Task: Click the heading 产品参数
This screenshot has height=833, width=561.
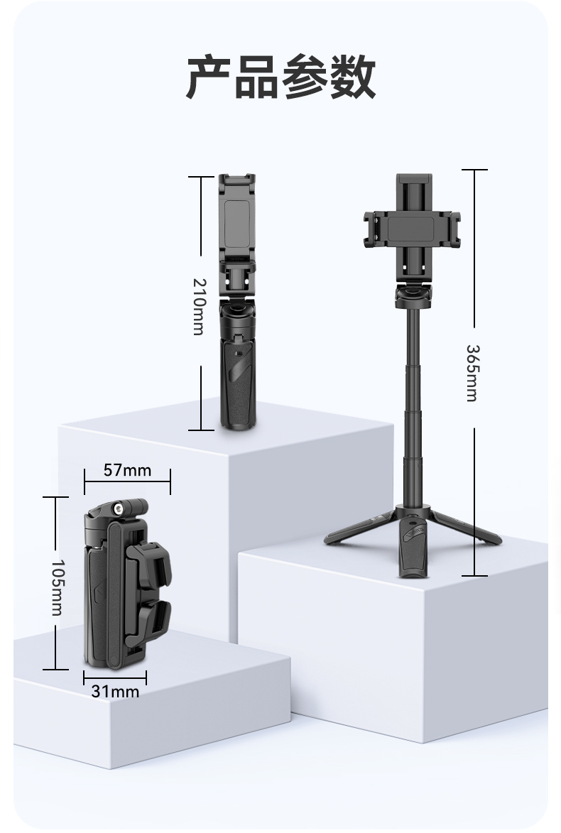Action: (x=280, y=78)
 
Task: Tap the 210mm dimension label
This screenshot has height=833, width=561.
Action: (x=198, y=306)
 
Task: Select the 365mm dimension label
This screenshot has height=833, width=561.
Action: (x=472, y=373)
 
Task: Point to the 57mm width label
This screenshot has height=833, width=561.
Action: (x=127, y=470)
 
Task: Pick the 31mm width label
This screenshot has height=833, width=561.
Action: (x=115, y=690)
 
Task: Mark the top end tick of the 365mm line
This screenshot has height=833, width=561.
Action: (x=474, y=170)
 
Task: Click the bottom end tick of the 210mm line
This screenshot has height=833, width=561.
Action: (x=201, y=430)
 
